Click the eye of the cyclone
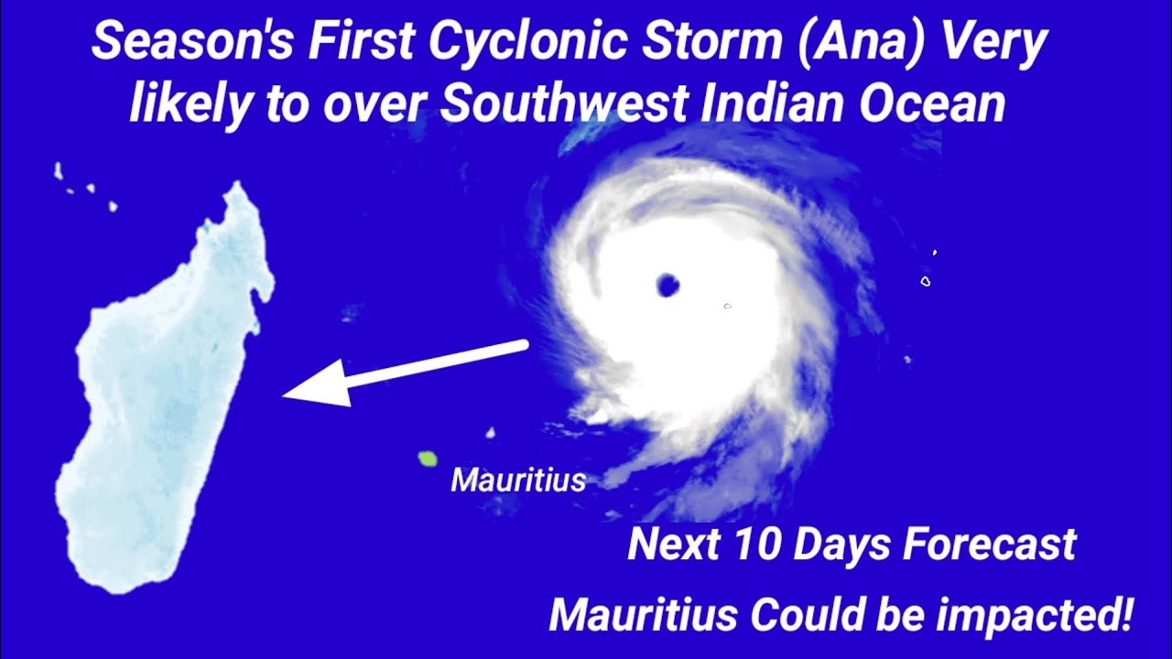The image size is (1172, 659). (667, 286)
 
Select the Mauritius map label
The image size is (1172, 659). (517, 480)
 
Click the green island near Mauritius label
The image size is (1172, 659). (427, 458)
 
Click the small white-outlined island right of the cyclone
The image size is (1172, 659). (926, 282)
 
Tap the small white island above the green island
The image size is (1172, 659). (490, 432)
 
